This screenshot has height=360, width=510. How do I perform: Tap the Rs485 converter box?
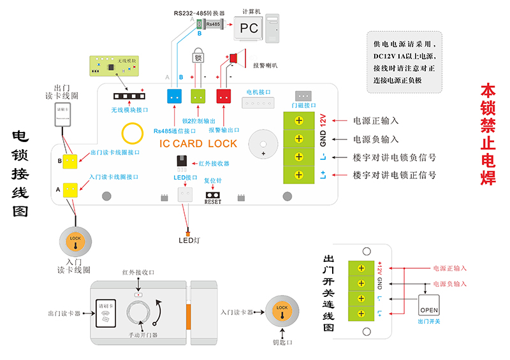click(x=210, y=24)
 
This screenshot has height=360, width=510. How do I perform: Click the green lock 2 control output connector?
click(x=198, y=96)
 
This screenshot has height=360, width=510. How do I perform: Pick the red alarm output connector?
click(x=223, y=96)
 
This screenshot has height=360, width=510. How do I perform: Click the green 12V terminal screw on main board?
click(x=298, y=120)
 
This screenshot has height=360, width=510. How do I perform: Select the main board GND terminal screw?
click(x=298, y=138)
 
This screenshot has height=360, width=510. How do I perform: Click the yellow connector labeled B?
click(x=70, y=161)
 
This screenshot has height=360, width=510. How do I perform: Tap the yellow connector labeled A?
click(x=70, y=189)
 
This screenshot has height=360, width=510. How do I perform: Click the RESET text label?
click(x=213, y=202)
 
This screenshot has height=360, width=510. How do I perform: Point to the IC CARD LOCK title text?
click(x=198, y=144)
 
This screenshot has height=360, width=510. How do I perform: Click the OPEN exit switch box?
click(x=429, y=305)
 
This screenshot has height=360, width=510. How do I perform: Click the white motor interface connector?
click(x=258, y=103)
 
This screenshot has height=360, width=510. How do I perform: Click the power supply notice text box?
click(x=404, y=62)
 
